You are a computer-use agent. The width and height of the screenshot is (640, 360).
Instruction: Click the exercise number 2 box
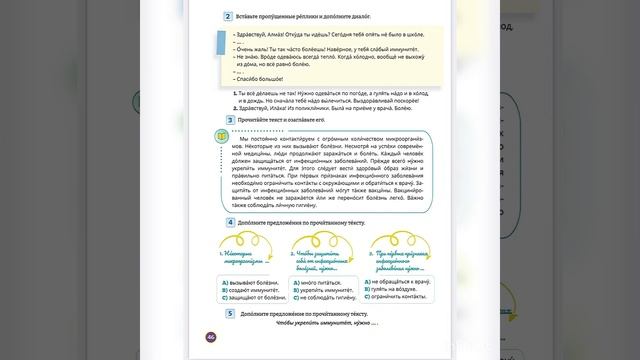point(229,18)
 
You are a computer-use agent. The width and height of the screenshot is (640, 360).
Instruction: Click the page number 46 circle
point(210,337)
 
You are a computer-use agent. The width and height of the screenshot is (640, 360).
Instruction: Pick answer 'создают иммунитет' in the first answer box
point(243,290)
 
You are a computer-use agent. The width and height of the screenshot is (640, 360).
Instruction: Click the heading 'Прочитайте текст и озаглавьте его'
point(287,119)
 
